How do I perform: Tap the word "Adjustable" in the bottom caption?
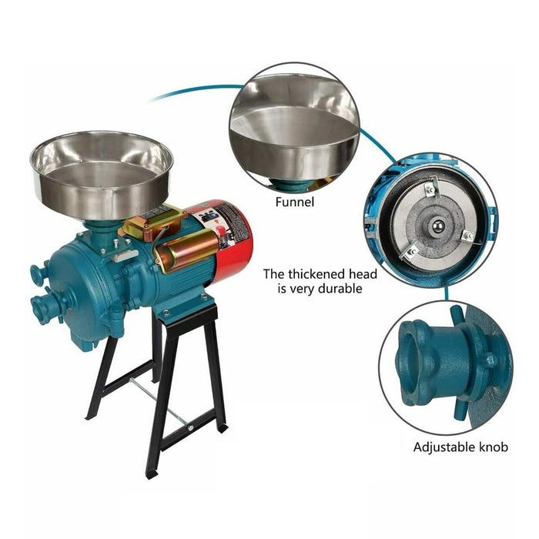tap(441, 447)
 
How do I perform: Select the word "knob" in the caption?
tap(492, 447)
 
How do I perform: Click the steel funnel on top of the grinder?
tap(101, 173)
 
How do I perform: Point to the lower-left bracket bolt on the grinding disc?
tap(412, 251)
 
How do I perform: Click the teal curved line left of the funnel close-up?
tap(192, 90)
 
